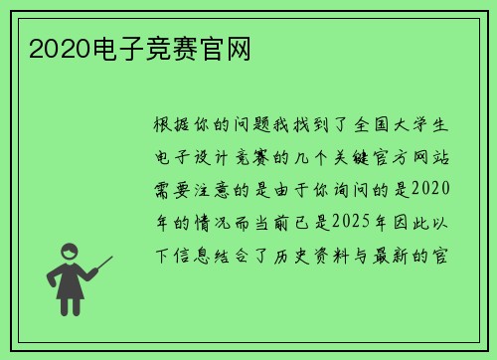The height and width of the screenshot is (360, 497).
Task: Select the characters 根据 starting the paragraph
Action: click(175, 126)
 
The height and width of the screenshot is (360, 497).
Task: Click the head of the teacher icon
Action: click(71, 253)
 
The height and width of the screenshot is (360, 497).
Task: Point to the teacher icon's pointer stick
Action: click(100, 267)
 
